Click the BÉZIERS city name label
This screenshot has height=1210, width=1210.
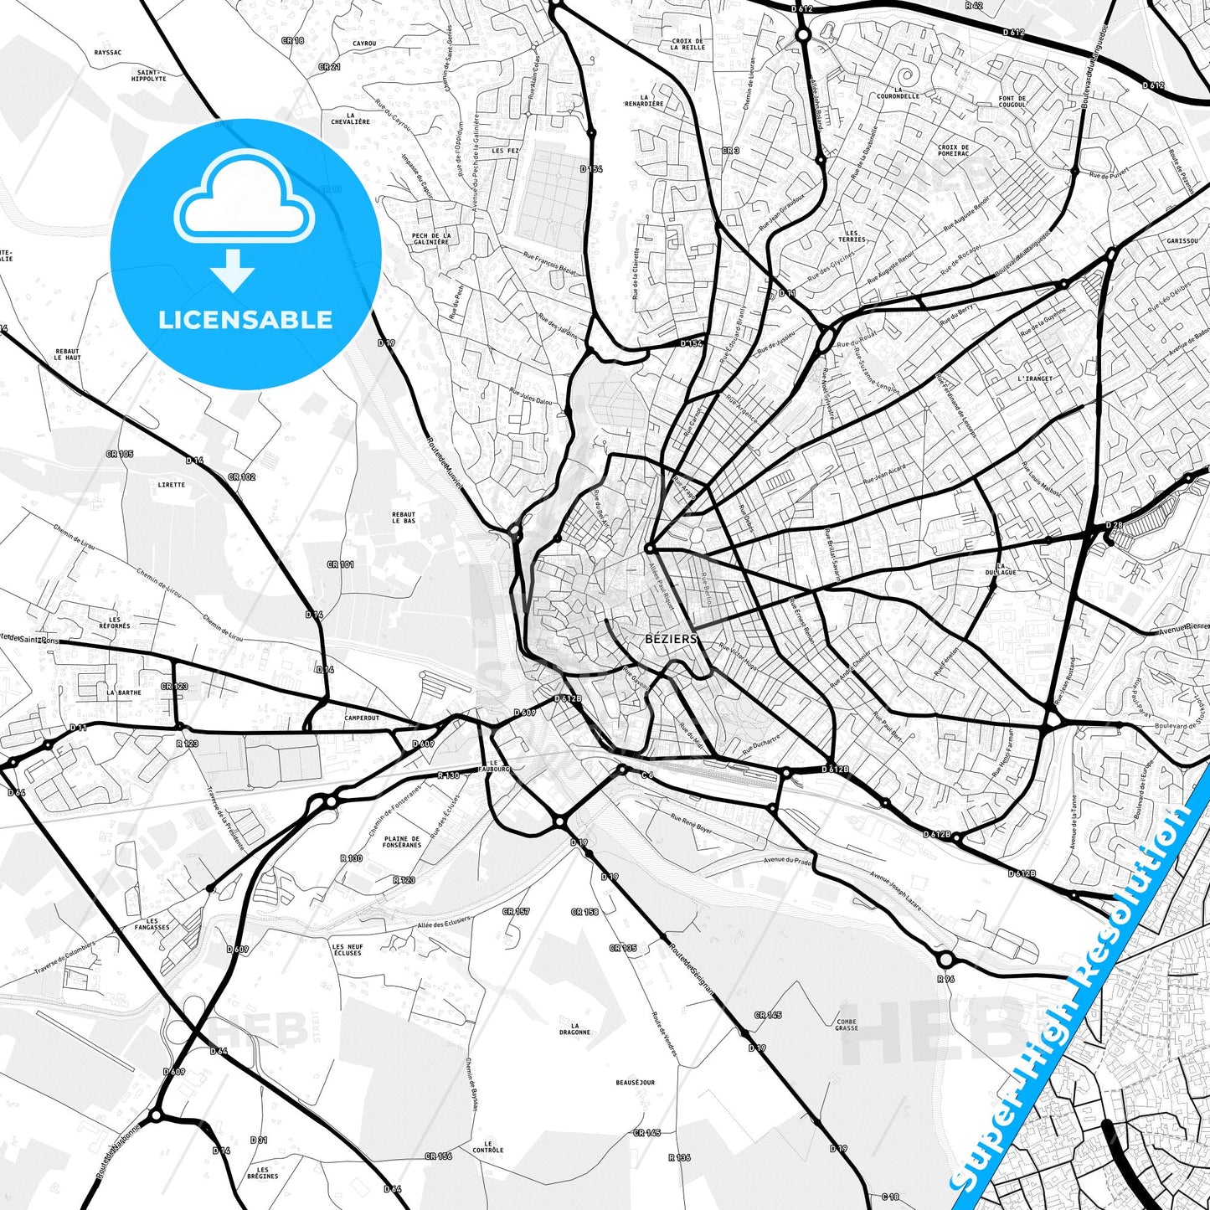point(671,639)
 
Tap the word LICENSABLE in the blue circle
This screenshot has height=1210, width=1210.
point(245,320)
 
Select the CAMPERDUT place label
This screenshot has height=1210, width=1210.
point(362,718)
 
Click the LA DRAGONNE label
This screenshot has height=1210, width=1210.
point(574,1028)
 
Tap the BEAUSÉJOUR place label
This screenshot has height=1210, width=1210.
point(635,1083)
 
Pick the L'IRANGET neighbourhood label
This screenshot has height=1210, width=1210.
point(1035,378)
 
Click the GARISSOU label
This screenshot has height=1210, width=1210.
point(1182,240)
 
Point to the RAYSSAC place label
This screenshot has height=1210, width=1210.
point(108,53)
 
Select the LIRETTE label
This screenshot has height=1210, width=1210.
point(171,485)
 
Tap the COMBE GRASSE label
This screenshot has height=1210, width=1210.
point(847,1025)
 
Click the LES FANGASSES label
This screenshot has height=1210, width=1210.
point(152,924)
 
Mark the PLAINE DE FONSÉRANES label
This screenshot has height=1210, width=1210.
point(402,842)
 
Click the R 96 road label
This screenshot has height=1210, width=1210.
point(945,978)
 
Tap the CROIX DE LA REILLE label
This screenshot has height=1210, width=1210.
point(687,44)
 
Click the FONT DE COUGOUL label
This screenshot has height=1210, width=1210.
point(1012,101)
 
